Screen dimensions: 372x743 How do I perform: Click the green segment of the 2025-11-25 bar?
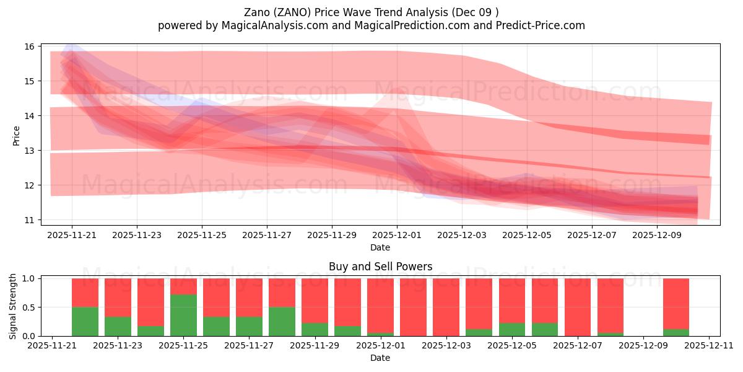coord(183,315)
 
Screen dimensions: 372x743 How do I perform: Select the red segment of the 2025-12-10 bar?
coord(676,303)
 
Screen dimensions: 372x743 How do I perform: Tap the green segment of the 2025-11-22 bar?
coord(85,321)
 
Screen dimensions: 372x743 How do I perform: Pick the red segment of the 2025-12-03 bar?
coord(446,306)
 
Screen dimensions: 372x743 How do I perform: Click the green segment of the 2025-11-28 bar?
coord(282,321)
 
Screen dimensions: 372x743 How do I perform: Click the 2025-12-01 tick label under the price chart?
coord(397,236)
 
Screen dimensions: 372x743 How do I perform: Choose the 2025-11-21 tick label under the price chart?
coord(72,236)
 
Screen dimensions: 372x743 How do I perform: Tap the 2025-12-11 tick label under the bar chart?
coord(709,346)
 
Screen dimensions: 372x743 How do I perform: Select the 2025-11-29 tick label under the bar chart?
coord(315,346)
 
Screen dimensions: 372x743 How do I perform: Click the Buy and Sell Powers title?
coord(380,267)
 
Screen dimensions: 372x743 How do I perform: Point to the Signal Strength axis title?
coord(13,307)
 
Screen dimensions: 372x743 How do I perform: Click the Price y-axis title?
coord(17,136)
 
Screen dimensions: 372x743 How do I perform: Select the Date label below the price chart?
coord(380,247)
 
